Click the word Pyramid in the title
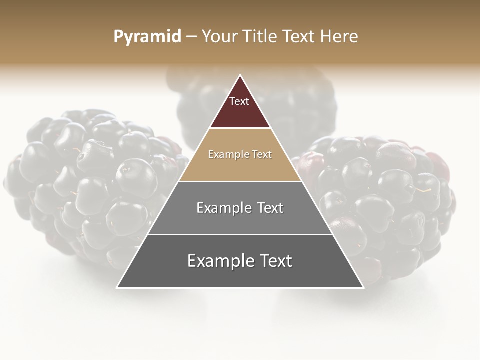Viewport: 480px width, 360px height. tap(147, 36)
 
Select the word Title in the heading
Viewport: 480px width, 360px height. tap(260, 36)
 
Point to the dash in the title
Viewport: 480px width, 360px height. tap(191, 36)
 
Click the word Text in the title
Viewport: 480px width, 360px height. tap(299, 36)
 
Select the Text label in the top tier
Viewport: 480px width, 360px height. tap(239, 101)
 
